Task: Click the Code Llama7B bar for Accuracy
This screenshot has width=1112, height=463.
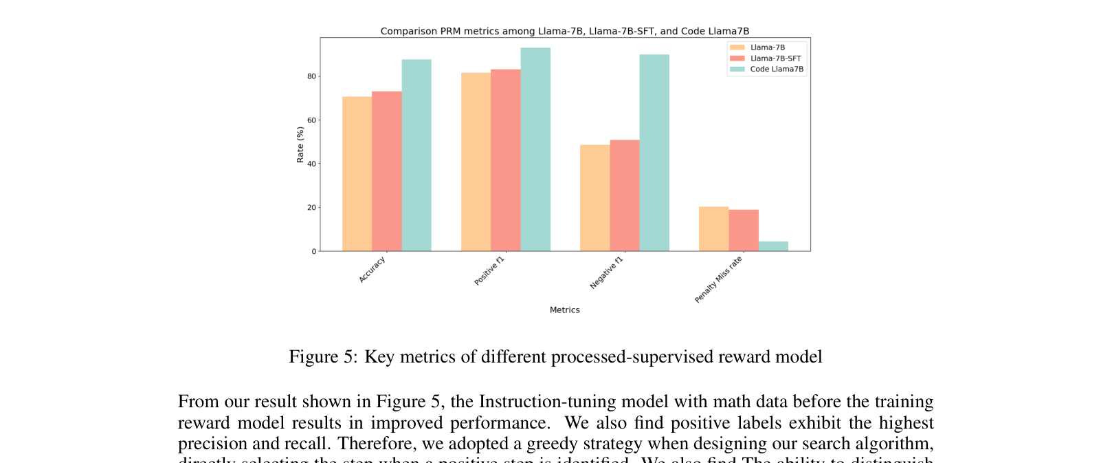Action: pyautogui.click(x=416, y=155)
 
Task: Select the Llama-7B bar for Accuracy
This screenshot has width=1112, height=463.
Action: pyautogui.click(x=357, y=174)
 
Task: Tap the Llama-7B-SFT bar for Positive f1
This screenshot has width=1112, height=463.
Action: pyautogui.click(x=505, y=160)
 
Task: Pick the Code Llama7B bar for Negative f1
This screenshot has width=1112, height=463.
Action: pyautogui.click(x=654, y=153)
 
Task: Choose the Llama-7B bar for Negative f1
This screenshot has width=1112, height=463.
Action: pyautogui.click(x=594, y=198)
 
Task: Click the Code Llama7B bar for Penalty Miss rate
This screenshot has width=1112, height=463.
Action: pyautogui.click(x=773, y=246)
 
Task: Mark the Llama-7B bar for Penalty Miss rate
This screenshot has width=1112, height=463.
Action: pyautogui.click(x=713, y=229)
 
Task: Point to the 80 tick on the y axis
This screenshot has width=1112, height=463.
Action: pyautogui.click(x=312, y=76)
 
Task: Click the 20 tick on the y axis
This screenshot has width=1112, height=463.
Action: pyautogui.click(x=312, y=208)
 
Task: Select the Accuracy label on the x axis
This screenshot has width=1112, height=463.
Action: pyautogui.click(x=372, y=270)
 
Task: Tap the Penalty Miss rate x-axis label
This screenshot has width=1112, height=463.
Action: pyautogui.click(x=718, y=280)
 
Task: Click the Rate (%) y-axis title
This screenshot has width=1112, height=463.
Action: pyautogui.click(x=300, y=144)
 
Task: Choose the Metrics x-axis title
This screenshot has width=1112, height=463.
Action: pyautogui.click(x=564, y=310)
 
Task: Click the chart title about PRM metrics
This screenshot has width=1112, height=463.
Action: pyautogui.click(x=564, y=31)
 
